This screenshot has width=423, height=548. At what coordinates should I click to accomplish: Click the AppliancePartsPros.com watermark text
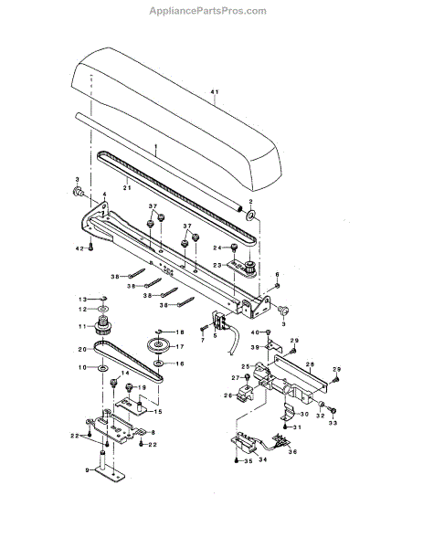point(209,11)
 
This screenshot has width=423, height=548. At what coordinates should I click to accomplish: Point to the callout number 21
point(127,187)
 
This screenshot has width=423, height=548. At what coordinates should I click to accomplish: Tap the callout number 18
point(180,332)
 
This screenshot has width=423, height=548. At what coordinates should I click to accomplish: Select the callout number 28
point(310,364)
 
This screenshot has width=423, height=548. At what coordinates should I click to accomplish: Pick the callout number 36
point(292,450)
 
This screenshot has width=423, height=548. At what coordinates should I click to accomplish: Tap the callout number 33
point(333,423)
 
